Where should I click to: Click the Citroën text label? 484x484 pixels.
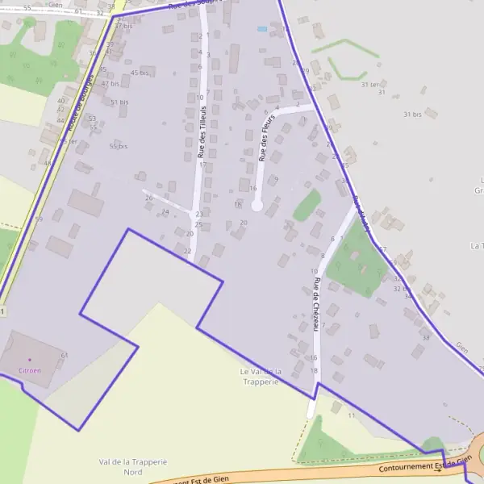[30, 369]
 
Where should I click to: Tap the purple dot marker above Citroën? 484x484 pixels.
[30, 359]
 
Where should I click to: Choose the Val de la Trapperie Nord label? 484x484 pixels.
[132, 467]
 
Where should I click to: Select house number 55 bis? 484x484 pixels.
[119, 146]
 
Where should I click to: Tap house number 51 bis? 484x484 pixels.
[119, 102]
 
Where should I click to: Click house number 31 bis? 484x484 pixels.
[412, 115]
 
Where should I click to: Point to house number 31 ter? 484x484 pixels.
[370, 84]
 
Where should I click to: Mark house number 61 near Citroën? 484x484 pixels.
[64, 355]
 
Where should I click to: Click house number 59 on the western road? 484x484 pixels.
[39, 219]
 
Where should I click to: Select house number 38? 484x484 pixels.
[425, 337]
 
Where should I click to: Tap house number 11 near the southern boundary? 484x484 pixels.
[351, 415]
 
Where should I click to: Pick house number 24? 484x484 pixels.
[165, 212]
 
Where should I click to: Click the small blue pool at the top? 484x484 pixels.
[261, 29]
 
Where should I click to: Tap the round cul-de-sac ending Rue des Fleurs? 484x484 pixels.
[257, 206]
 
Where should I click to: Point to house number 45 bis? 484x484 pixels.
[139, 73]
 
